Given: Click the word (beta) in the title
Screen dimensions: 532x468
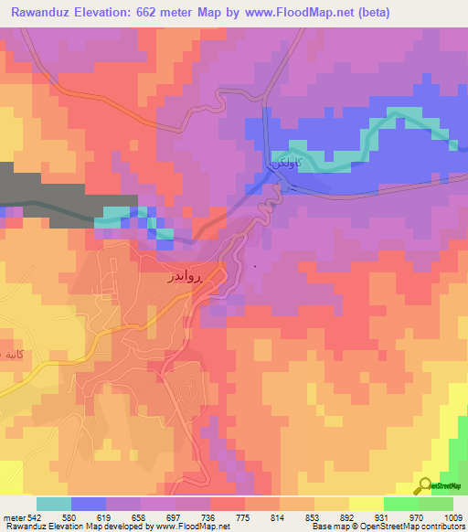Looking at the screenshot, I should (385, 13).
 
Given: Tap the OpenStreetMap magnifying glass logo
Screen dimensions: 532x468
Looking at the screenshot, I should (424, 484).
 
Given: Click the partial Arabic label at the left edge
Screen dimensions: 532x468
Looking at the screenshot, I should (11, 354).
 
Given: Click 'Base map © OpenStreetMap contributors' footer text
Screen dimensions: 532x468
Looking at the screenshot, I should (388, 527).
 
